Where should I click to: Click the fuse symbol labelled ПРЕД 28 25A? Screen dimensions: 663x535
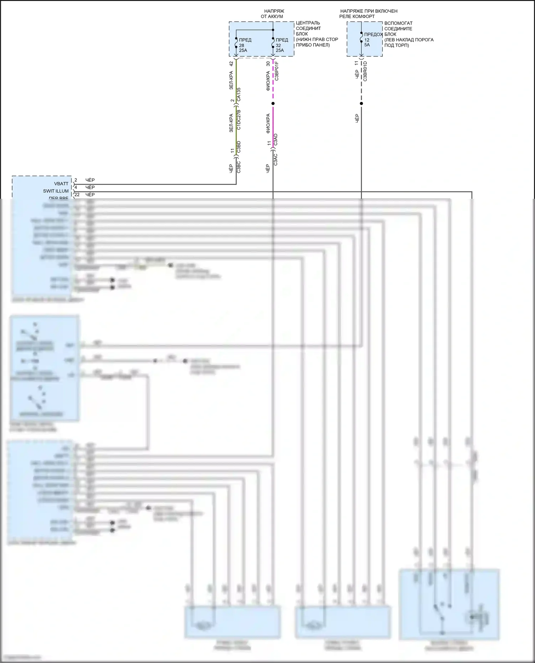click(x=236, y=43)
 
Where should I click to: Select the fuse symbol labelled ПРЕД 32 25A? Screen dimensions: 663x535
click(x=273, y=43)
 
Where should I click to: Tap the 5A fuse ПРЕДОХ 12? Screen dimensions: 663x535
click(x=361, y=37)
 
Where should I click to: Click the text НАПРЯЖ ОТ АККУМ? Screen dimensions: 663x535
click(x=273, y=14)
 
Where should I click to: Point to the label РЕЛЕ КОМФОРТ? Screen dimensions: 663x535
click(x=357, y=16)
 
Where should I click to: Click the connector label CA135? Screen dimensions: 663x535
click(x=239, y=94)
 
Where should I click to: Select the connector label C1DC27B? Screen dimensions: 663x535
click(x=239, y=119)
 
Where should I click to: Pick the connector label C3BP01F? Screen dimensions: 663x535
click(x=277, y=71)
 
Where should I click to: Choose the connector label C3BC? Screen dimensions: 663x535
click(x=239, y=167)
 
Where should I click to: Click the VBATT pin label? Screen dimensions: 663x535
click(x=61, y=184)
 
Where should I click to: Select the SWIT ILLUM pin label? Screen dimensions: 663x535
click(x=56, y=191)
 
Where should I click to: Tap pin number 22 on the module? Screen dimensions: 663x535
click(x=77, y=195)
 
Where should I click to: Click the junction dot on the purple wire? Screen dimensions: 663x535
click(x=273, y=104)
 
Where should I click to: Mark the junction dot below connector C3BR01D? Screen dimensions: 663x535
click(x=361, y=104)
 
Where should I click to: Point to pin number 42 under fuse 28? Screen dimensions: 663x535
click(x=231, y=64)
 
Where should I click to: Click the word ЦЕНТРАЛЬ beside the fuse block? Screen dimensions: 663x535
click(x=308, y=23)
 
